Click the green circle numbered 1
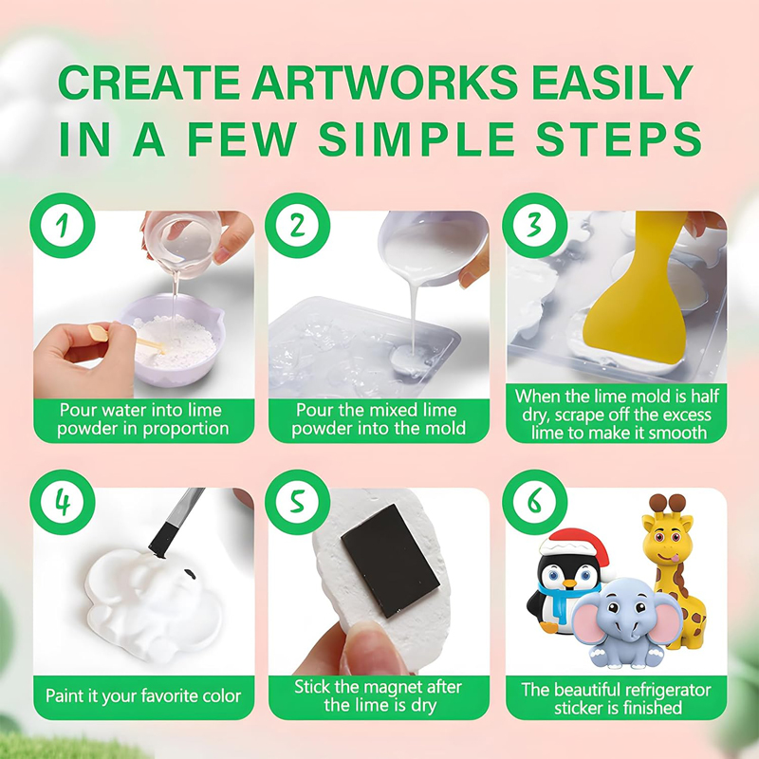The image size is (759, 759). point(63,226)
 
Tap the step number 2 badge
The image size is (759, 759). point(298,226)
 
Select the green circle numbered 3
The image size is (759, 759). point(534,226)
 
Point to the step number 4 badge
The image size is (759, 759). point(63,503)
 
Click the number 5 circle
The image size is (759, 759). point(298,503)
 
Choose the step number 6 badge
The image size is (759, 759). point(534,503)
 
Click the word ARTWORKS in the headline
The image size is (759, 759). point(385,83)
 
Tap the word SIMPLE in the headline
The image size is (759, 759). point(416,139)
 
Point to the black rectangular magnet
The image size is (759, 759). point(391,561)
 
